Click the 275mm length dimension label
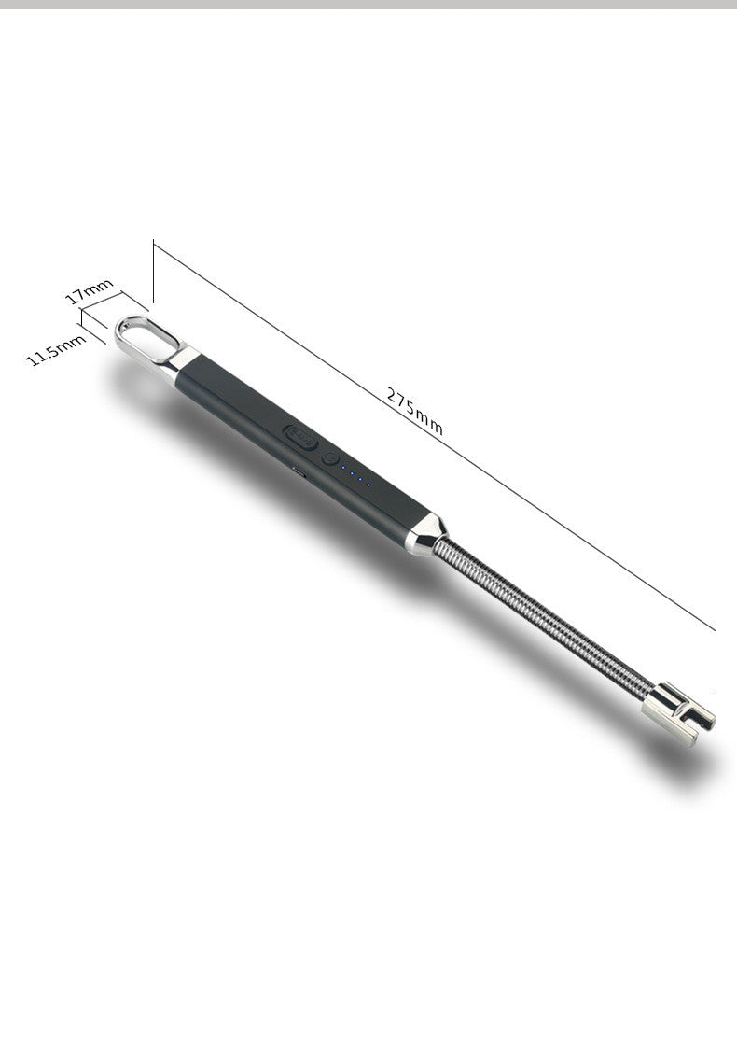[x=415, y=412]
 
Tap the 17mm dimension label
[x=89, y=290]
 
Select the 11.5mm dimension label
[x=56, y=349]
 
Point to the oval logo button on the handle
[x=299, y=436]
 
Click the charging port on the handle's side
[x=297, y=472]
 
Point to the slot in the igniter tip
[x=695, y=720]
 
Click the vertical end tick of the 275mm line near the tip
[x=716, y=655]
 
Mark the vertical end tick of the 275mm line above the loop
[x=153, y=271]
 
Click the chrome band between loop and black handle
[x=183, y=364]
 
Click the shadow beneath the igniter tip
[x=690, y=761]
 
